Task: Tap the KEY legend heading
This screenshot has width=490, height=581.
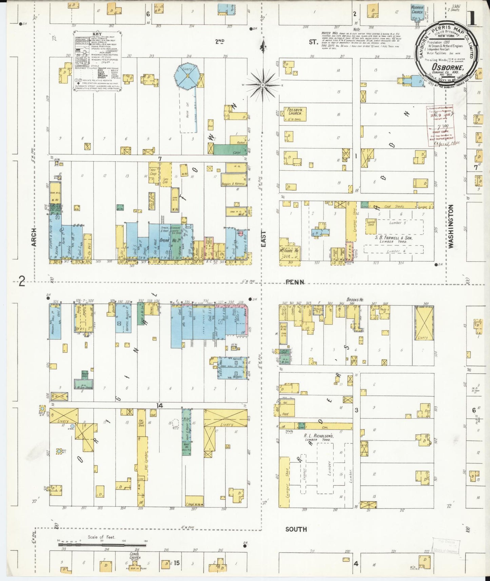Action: click(x=97, y=34)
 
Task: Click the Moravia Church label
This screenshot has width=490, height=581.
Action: click(x=417, y=9)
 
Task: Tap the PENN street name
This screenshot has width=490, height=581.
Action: click(x=295, y=282)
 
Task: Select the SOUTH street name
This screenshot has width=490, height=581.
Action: click(x=296, y=529)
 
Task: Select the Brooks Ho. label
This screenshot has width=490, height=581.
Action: click(x=355, y=300)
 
